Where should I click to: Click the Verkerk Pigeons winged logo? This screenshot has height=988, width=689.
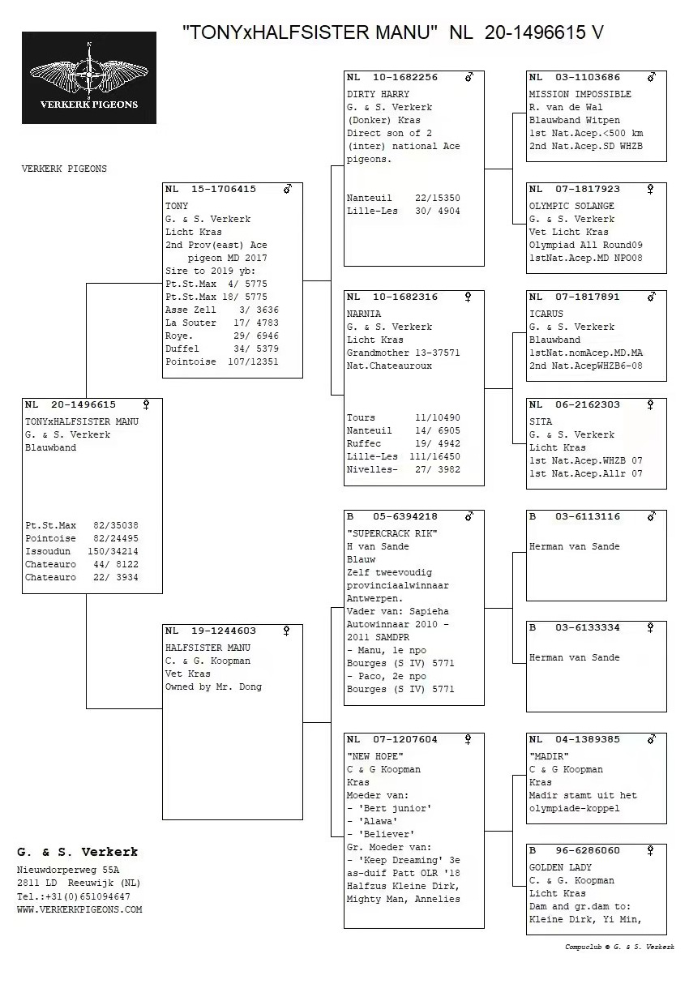pos(89,77)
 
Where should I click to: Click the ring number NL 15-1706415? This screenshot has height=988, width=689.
pos(211,189)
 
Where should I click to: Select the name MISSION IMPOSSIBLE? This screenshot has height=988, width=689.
pos(580,94)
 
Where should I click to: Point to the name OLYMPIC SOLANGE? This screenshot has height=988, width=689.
pos(571,206)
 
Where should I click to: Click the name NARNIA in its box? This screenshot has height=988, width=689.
pos(364,314)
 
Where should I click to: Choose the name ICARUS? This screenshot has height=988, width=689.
pos(546,314)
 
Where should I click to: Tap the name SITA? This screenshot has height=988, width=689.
pos(541,421)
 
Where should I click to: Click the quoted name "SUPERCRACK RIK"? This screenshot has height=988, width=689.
pos(392,533)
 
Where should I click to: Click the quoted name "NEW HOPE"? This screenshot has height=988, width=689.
pos(374,756)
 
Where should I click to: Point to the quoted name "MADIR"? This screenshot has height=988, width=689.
pos(549,756)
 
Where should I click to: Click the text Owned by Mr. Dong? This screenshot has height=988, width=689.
pos(213,686)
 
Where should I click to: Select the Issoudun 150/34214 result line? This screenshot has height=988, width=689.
pos(81,551)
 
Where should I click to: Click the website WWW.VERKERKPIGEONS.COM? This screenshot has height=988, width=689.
pos(79,909)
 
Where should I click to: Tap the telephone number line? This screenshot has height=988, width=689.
pos(73,896)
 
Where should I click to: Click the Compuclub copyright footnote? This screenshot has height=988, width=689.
pos(619,947)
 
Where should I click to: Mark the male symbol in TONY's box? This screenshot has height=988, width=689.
pos(288,189)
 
